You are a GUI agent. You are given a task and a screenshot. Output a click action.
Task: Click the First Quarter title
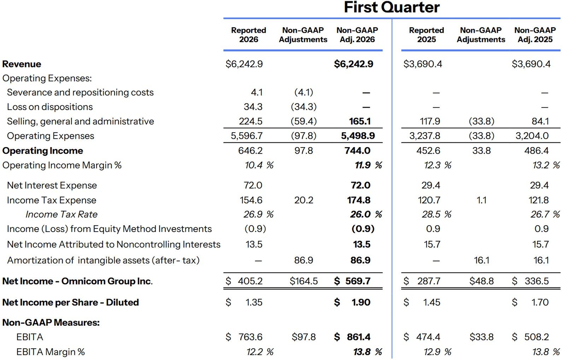tap(392, 7)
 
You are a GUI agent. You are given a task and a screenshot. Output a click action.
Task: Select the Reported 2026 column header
tap(248, 35)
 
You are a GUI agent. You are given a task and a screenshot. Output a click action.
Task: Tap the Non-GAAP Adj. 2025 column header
tap(535, 35)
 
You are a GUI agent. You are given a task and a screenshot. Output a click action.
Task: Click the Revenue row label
tap(22, 64)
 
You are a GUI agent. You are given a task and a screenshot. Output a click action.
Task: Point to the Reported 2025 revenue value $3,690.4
tap(423, 64)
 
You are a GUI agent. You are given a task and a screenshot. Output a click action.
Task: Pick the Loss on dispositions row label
tap(50, 107)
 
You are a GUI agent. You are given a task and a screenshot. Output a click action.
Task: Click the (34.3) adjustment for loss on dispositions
tap(304, 107)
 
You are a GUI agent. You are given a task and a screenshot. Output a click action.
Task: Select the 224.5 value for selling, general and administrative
tap(251, 121)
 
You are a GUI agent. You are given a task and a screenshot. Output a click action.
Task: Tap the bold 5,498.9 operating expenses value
tap(358, 136)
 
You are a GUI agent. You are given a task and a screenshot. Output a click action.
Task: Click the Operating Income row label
tap(43, 151)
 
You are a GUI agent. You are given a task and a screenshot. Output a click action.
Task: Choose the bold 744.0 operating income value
tap(358, 151)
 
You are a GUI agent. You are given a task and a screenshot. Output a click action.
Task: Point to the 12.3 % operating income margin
tap(437, 165)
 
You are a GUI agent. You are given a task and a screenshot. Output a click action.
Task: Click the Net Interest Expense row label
tap(52, 185)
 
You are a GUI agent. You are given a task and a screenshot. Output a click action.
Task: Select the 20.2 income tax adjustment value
tap(304, 200)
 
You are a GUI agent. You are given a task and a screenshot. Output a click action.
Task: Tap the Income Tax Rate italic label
tap(62, 214)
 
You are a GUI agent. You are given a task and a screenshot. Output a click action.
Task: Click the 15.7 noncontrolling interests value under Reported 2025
tap(432, 244)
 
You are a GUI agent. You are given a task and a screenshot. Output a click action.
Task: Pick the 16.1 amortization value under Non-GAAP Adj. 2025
tap(541, 260)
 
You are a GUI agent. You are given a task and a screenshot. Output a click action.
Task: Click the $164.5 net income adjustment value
tap(304, 281)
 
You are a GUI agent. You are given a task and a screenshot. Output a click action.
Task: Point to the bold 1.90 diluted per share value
tap(361, 302)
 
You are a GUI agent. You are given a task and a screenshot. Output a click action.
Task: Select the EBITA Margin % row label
tap(51, 352)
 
